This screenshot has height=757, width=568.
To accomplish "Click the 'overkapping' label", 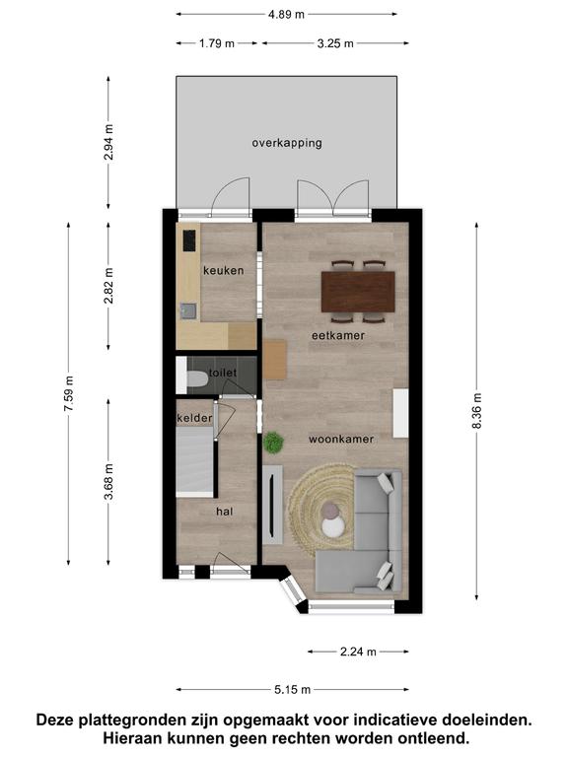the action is (287, 143).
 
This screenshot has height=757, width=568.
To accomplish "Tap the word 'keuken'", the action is (223, 270).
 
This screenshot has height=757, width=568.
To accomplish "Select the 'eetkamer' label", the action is (338, 335).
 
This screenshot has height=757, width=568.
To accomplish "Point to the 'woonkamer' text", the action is (341, 440).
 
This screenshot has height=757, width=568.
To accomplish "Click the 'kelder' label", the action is (194, 418).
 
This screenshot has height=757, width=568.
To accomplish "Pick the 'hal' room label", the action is (225, 512).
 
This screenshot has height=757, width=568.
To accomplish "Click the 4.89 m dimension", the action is (286, 15).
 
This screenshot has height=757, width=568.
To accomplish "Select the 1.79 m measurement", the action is (217, 43).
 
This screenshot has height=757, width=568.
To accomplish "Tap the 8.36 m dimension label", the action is (476, 411).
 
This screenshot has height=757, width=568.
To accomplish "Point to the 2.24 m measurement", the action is (358, 652).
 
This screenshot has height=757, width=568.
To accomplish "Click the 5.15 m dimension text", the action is (292, 690).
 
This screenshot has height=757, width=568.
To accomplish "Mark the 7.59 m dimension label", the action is (69, 393).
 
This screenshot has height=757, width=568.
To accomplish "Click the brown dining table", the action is (358, 292).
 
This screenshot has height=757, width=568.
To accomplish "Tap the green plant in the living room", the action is (273, 443).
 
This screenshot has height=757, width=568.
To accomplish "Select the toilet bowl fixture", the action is (196, 378).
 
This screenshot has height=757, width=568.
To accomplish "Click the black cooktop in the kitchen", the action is (189, 241).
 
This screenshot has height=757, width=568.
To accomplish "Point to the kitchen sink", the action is (188, 310).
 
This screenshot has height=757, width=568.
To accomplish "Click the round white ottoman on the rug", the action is (333, 526).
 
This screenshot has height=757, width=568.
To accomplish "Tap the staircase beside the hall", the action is (194, 460).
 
